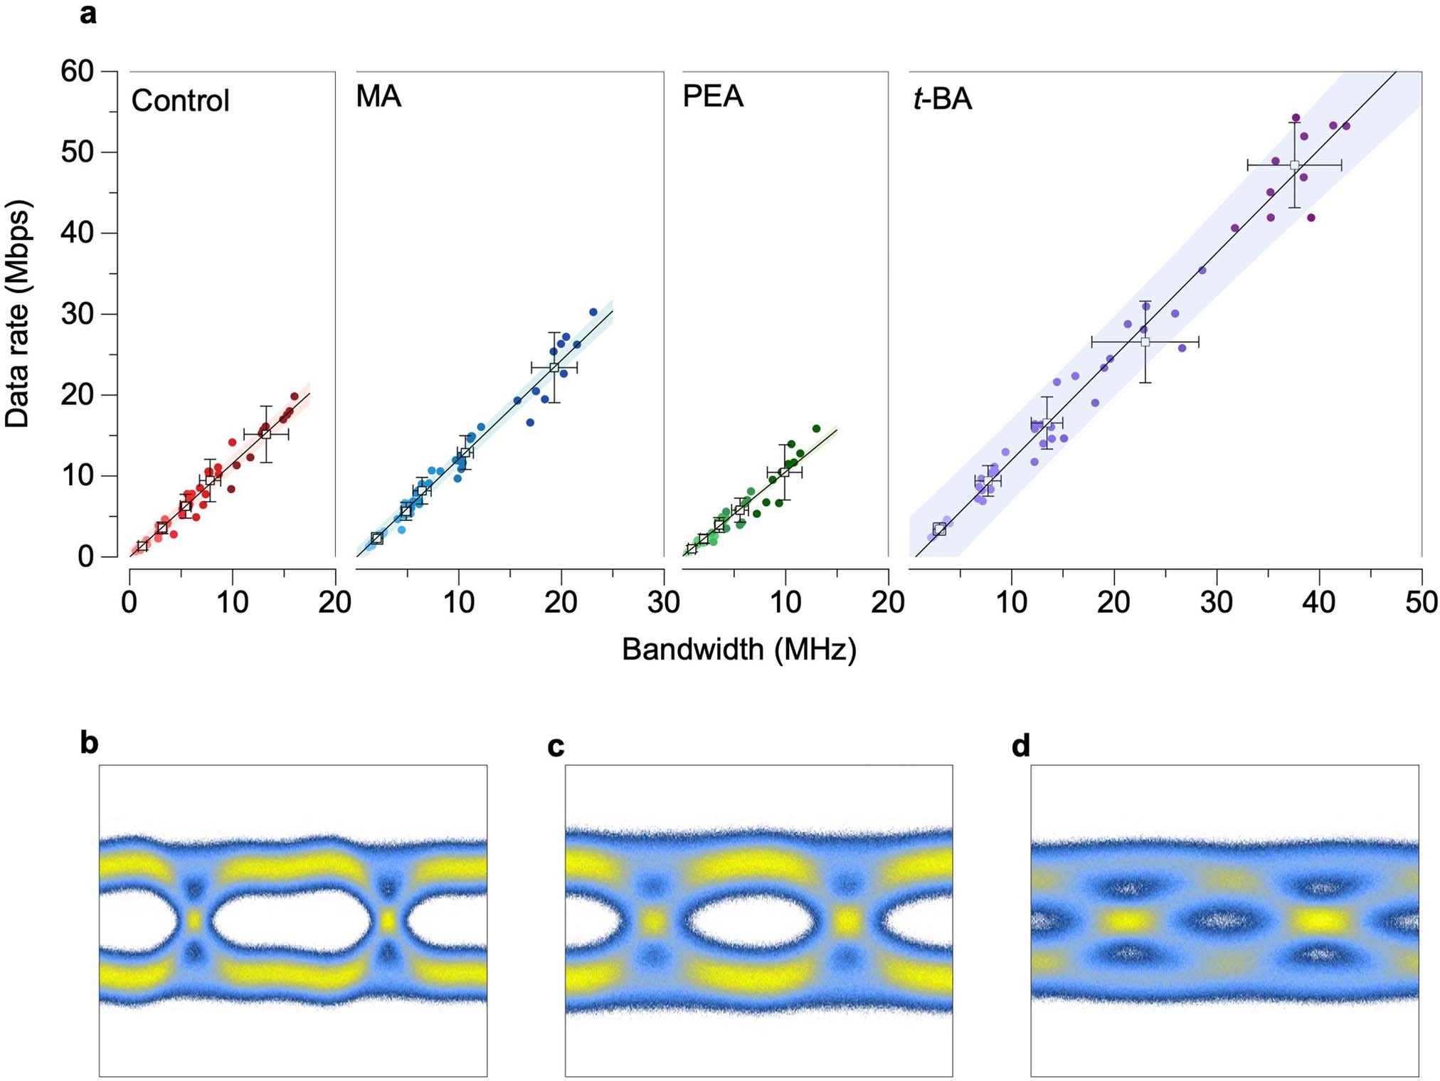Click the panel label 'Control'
pyautogui.click(x=180, y=101)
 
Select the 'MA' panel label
pyautogui.click(x=378, y=96)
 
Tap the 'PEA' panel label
pyautogui.click(x=713, y=96)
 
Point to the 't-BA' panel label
pyautogui.click(x=942, y=98)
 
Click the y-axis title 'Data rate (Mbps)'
pyautogui.click(x=18, y=314)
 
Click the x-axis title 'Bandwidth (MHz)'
pyautogui.click(x=739, y=649)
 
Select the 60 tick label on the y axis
pyautogui.click(x=77, y=71)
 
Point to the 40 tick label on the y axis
pyautogui.click(x=77, y=233)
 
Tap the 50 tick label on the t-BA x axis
pyautogui.click(x=1421, y=603)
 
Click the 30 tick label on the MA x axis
pyautogui.click(x=663, y=603)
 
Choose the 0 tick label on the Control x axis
pyautogui.click(x=129, y=603)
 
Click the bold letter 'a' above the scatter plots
pyautogui.click(x=88, y=14)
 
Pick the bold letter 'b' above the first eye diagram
pyautogui.click(x=89, y=743)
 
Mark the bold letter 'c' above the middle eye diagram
pyautogui.click(x=556, y=747)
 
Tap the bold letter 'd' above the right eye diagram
pyautogui.click(x=1020, y=747)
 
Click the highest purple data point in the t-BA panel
pyautogui.click(x=1296, y=118)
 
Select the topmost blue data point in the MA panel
pyautogui.click(x=593, y=312)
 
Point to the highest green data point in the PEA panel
pyautogui.click(x=816, y=428)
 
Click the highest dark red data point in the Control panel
pyautogui.click(x=295, y=396)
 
